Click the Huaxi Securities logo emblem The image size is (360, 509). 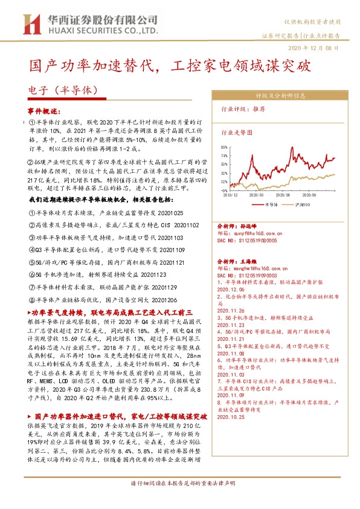pyautogui.click(x=28, y=24)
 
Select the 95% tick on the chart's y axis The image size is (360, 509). pyautogui.click(x=223, y=146)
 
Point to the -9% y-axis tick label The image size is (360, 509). pyautogui.click(x=224, y=189)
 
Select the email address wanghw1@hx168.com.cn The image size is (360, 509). pyautogui.click(x=256, y=250)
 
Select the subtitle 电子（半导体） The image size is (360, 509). pyautogui.click(x=63, y=89)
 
